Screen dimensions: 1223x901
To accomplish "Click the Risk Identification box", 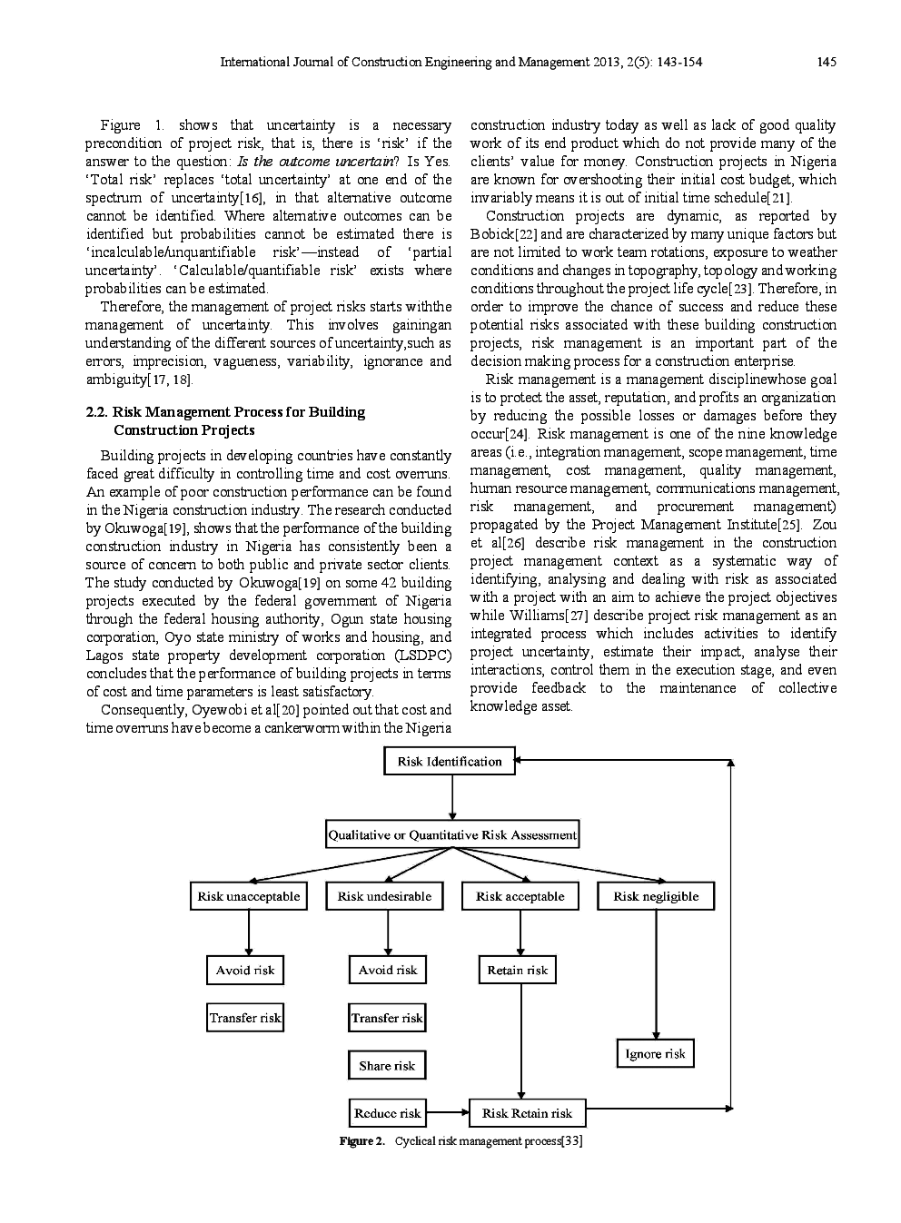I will tap(450, 762).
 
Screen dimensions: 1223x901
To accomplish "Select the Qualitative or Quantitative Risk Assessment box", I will tap(451, 834).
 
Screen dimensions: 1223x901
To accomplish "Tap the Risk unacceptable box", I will tap(248, 896).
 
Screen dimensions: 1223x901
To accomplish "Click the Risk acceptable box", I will tap(520, 896).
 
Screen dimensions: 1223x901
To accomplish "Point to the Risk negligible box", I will tap(656, 896).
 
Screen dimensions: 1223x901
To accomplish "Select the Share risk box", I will tap(387, 1066).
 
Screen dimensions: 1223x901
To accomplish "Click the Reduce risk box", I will tap(387, 1113).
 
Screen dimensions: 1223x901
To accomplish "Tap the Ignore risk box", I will tap(655, 1054).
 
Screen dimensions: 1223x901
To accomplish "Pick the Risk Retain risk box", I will tap(527, 1113).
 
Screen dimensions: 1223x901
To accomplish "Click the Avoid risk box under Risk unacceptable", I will tap(245, 971).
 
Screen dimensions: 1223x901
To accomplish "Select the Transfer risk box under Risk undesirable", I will tap(387, 1018).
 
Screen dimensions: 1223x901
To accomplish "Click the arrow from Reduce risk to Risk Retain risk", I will tap(447, 1113).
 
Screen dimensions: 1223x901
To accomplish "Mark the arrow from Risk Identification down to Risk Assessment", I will tap(451, 797).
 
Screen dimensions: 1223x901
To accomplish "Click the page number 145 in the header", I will tap(826, 63).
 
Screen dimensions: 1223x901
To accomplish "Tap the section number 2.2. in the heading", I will tap(96, 412).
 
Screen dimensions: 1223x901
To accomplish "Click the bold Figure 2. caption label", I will tap(362, 1140).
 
